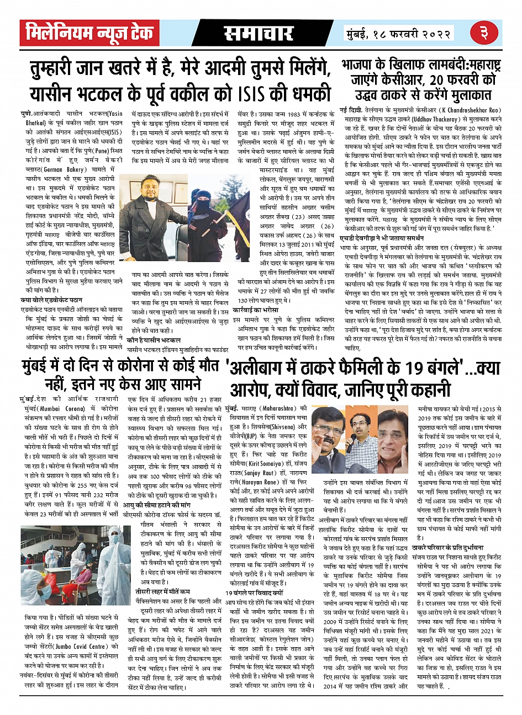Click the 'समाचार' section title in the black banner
(x=257, y=34)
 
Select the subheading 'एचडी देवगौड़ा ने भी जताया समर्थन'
(x=382, y=238)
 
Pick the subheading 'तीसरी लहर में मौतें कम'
(x=160, y=591)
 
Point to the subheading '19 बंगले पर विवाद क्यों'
(x=255, y=591)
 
